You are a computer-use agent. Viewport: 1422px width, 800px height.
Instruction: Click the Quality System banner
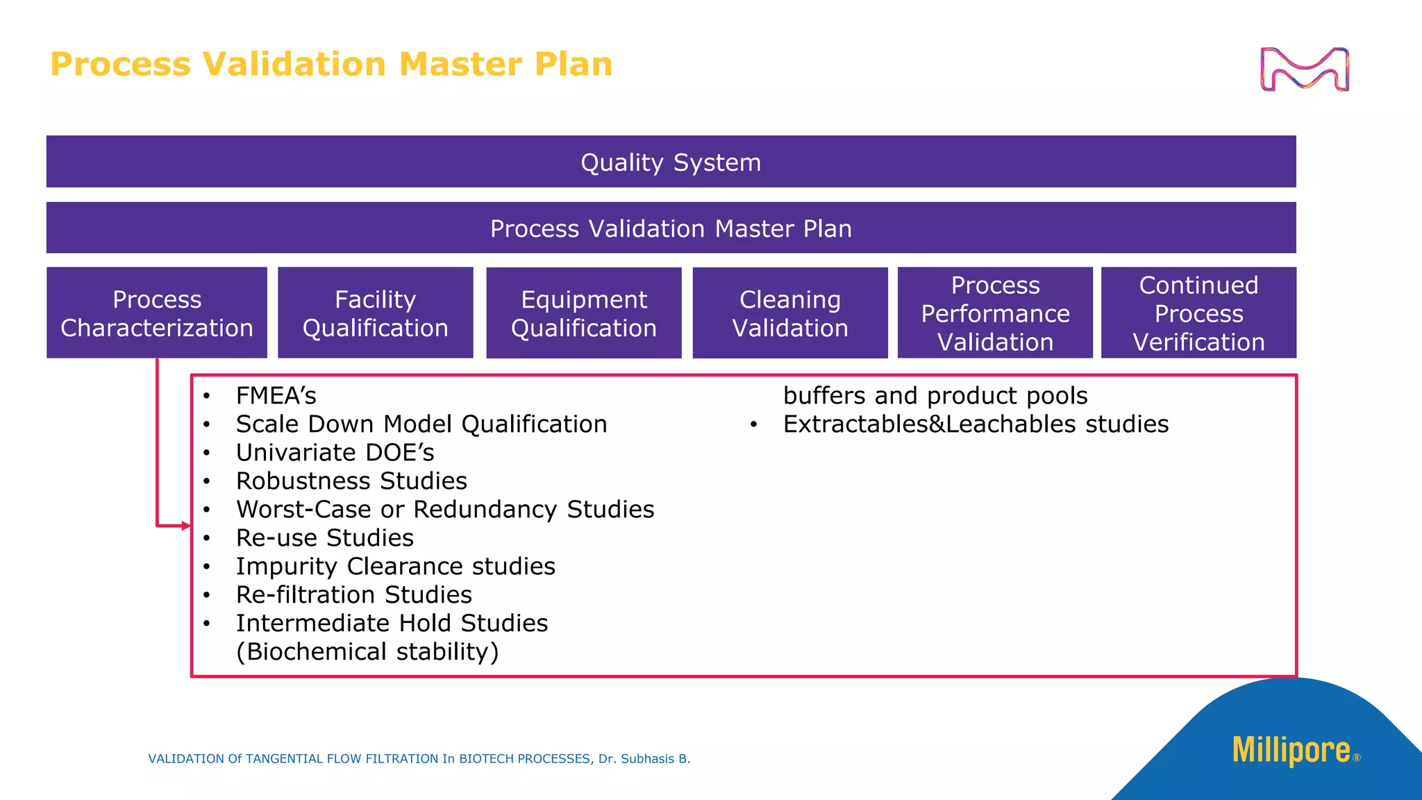671,162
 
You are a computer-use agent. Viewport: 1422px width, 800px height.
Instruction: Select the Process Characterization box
157,313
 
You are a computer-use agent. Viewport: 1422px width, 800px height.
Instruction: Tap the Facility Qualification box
375,313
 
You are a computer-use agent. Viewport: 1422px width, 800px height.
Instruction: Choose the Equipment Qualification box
583,313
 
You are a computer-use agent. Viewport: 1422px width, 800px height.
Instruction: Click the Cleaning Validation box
790,313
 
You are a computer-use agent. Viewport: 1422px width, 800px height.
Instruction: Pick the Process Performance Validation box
995,313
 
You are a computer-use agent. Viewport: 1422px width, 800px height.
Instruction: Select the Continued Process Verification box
1198,313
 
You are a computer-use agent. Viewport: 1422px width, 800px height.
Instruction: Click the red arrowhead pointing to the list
185,526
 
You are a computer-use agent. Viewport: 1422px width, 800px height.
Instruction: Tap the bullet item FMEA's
276,396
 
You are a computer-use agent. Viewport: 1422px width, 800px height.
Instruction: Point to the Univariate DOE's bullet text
335,453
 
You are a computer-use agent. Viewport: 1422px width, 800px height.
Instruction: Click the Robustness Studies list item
351,481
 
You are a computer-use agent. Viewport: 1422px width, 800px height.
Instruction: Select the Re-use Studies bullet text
324,538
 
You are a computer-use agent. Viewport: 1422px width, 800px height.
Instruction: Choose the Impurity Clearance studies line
395,567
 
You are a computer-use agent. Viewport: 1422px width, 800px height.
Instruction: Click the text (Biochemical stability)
367,652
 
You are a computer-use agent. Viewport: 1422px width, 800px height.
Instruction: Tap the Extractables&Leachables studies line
976,424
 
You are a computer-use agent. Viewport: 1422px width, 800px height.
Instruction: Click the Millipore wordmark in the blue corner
1291,751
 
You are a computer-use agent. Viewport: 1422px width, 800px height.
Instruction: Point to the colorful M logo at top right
1305,69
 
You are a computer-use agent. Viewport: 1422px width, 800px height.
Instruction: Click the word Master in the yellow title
460,65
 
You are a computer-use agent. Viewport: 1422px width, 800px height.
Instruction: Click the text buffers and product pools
935,396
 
